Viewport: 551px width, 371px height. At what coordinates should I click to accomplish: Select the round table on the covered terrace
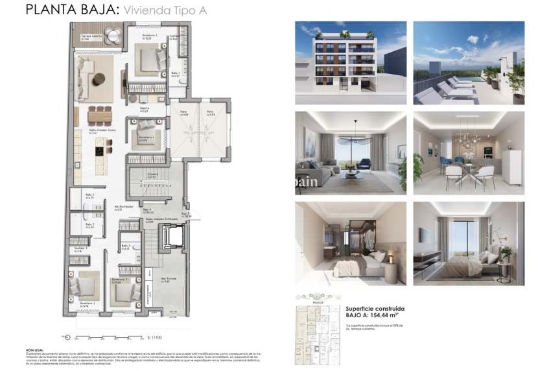(113, 38)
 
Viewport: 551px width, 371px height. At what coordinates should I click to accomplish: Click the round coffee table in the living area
(99, 79)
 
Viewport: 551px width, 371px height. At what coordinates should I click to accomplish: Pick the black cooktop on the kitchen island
(99, 151)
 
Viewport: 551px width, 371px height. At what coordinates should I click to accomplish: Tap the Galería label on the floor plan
(144, 109)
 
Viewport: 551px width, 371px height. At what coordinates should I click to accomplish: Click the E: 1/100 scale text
(154, 337)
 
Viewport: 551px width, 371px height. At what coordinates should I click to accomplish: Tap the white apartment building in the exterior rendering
(344, 58)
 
